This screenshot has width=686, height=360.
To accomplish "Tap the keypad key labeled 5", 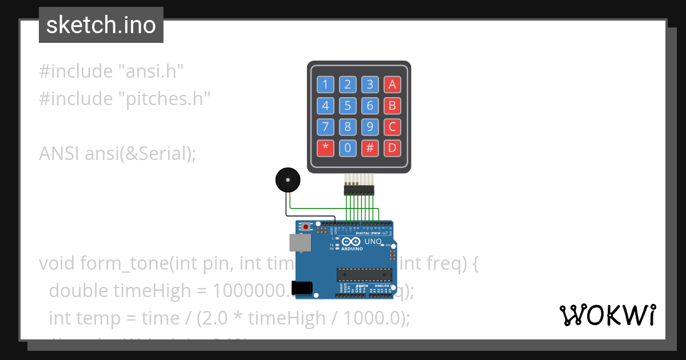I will (x=348, y=106).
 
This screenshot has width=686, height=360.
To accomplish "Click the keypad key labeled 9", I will (x=370, y=127).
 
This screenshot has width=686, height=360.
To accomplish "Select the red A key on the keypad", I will (x=392, y=85).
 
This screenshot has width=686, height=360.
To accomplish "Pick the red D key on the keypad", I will (x=392, y=148).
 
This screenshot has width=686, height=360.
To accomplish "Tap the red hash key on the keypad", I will (x=370, y=148).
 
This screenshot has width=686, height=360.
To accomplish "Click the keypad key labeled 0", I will (x=348, y=148).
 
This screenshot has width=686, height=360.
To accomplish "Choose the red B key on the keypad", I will (x=392, y=106).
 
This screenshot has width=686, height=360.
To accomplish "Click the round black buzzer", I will (x=287, y=181).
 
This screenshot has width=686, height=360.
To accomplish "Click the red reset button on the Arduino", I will (x=306, y=227).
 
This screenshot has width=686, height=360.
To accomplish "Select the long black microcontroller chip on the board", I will (x=364, y=274).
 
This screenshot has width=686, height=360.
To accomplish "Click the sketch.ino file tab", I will (x=101, y=25).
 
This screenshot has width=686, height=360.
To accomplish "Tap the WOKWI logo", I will (x=607, y=315).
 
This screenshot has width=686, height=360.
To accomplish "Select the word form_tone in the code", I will (x=119, y=263).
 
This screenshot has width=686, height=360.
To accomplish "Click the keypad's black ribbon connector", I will (x=358, y=189).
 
